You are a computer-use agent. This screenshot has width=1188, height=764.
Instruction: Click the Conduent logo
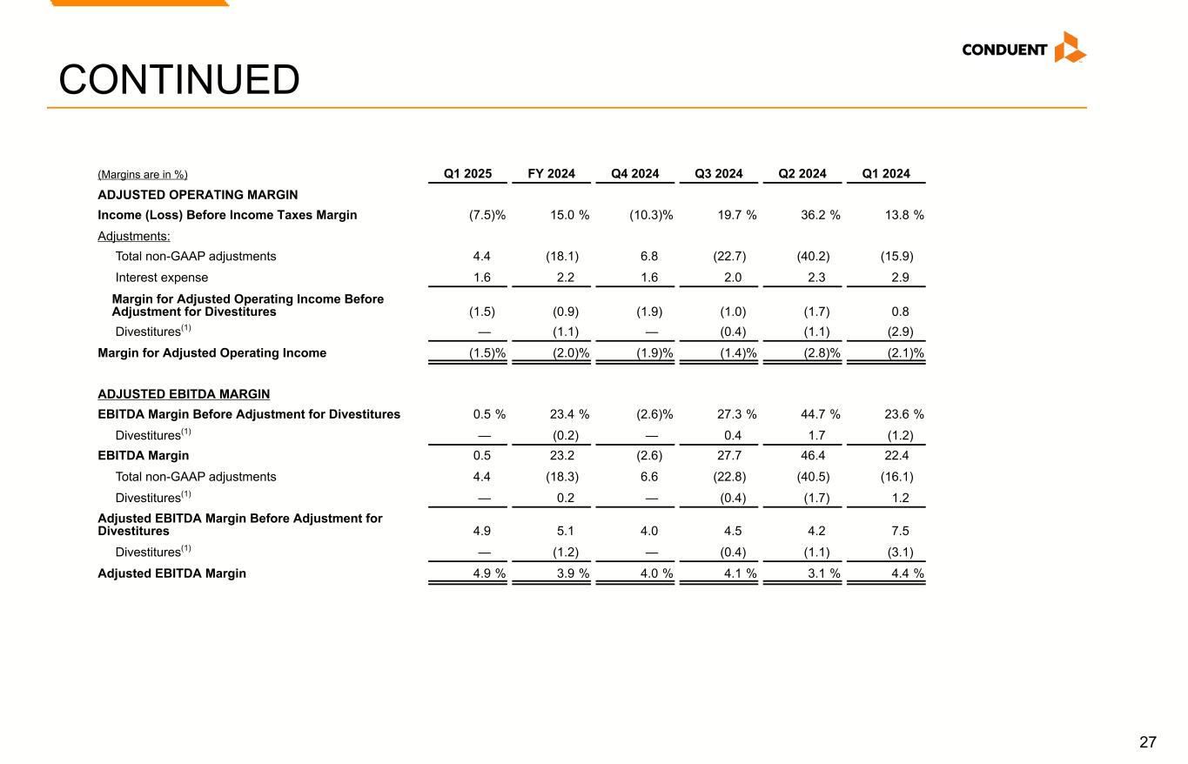[x=1024, y=49]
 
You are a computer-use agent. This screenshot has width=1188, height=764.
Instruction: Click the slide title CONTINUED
[x=178, y=81]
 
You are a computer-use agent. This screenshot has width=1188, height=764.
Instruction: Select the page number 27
[x=1148, y=742]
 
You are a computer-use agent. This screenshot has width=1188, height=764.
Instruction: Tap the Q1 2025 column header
[x=468, y=173]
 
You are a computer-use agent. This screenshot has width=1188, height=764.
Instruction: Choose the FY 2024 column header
[x=551, y=173]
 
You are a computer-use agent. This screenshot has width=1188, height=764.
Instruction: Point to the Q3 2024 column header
[x=718, y=173]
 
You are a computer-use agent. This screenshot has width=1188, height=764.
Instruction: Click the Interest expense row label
[x=162, y=278]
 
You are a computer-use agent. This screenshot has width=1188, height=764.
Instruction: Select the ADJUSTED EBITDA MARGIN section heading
[x=184, y=394]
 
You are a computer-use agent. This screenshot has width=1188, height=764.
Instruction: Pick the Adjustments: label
[x=134, y=236]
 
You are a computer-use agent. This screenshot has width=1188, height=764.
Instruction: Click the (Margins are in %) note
[x=143, y=174]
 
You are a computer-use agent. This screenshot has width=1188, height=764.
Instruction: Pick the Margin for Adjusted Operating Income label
[x=212, y=352]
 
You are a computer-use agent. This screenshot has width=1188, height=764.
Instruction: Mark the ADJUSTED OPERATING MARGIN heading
[x=198, y=195]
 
